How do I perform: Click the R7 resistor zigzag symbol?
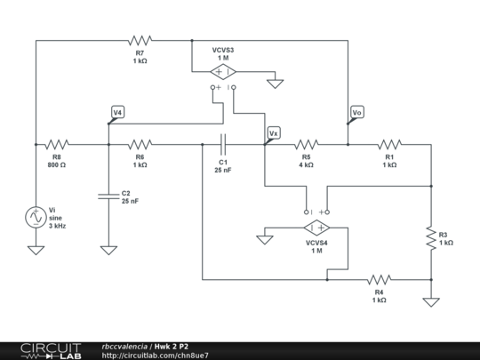tap(140, 40)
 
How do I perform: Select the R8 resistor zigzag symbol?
tap(57, 145)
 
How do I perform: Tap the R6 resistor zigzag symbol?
tap(140, 145)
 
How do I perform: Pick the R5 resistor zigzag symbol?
tap(307, 145)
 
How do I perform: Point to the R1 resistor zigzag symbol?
tap(389, 145)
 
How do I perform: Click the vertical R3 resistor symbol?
tap(431, 238)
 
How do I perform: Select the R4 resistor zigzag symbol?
tap(380, 279)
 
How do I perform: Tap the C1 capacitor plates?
tap(223, 145)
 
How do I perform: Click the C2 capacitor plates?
tap(108, 196)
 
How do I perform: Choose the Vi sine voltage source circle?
tap(36, 218)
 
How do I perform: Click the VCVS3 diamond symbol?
tap(223, 72)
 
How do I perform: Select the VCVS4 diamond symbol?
tap(316, 228)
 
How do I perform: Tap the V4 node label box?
tap(118, 112)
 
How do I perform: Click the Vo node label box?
tap(357, 112)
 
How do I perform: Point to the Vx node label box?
tap(274, 133)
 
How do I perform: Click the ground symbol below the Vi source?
tap(36, 251)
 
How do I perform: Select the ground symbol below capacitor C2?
tap(108, 251)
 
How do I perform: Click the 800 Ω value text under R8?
tap(57, 165)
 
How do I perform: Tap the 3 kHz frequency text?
tap(57, 226)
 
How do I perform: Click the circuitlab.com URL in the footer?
tap(156, 356)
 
